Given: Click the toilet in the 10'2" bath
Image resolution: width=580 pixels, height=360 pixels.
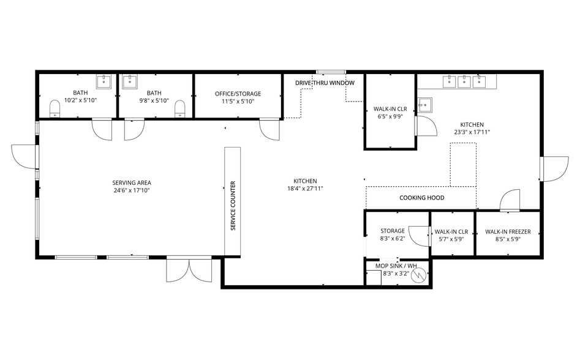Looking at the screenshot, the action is [x=55, y=108].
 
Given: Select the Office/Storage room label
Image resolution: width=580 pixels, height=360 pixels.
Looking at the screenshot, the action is [x=238, y=94].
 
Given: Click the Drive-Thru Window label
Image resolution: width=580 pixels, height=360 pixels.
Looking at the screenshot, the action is [x=325, y=83].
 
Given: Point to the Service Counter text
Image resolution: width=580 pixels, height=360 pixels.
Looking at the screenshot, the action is [x=233, y=206].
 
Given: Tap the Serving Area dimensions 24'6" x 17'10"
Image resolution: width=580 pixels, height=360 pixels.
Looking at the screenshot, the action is [x=132, y=190].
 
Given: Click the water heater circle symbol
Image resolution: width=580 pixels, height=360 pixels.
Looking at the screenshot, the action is [x=418, y=275].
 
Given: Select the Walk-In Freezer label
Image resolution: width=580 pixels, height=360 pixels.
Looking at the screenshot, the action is [x=508, y=232].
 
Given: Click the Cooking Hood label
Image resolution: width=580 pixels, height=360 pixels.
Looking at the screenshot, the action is [x=422, y=198].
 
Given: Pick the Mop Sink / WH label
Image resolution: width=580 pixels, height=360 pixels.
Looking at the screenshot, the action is [x=396, y=266].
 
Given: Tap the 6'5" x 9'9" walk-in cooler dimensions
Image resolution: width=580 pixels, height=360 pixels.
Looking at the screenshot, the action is [x=390, y=116].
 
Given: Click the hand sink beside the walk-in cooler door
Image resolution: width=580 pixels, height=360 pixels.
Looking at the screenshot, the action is [x=425, y=105].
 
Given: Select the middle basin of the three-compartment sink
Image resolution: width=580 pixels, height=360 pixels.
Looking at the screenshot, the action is [x=464, y=81].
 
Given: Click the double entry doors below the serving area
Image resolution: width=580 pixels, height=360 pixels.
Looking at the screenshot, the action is [x=189, y=270].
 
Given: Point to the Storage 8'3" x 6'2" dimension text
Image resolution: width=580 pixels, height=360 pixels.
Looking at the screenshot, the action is [x=393, y=239].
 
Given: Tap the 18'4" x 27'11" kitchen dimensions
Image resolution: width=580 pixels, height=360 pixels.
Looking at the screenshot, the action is [x=305, y=189].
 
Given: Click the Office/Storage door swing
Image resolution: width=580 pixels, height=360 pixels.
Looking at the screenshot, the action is [x=269, y=129].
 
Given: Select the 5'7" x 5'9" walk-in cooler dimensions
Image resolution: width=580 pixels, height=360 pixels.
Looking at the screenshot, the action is [x=451, y=239].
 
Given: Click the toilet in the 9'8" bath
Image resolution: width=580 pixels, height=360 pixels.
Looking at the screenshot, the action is [x=180, y=108].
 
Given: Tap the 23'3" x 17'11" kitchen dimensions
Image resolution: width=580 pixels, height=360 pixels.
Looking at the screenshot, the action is [x=472, y=132].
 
